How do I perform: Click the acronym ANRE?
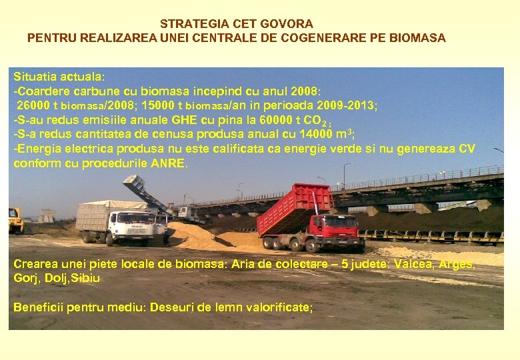coord(169,163)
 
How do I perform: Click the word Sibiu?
coord(87,278)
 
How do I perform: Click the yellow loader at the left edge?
coord(15,221)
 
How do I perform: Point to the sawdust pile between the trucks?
coord(200,235)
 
